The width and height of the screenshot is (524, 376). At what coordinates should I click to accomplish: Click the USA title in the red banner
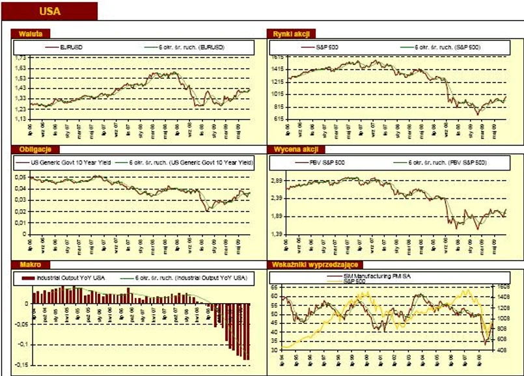pyautogui.click(x=51, y=11)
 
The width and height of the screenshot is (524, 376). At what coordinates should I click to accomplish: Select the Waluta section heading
pyautogui.click(x=27, y=33)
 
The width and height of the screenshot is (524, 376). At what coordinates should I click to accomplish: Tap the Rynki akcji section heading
pyautogui.click(x=287, y=33)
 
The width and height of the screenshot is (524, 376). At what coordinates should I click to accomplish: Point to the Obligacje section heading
pyautogui.click(x=32, y=150)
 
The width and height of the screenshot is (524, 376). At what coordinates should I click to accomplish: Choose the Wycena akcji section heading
pyautogui.click(x=290, y=150)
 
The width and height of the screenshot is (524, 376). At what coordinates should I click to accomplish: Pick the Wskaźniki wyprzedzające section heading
pyautogui.click(x=311, y=265)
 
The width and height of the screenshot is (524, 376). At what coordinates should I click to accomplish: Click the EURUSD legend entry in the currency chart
pyautogui.click(x=70, y=47)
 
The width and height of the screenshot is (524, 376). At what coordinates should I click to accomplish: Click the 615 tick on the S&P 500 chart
pyautogui.click(x=277, y=119)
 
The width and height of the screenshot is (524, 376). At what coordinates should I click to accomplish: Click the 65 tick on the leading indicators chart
pyautogui.click(x=274, y=286)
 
